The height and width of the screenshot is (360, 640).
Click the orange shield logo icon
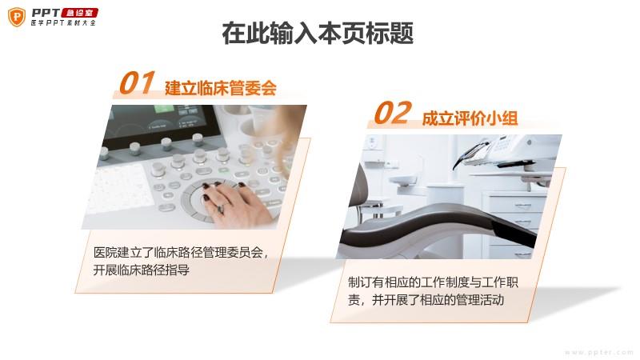click(x=17, y=17)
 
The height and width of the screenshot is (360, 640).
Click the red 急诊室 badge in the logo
click(x=79, y=13)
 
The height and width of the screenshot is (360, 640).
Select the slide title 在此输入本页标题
click(x=318, y=33)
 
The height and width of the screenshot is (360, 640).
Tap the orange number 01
click(x=136, y=82)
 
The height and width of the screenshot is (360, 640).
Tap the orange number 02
click(x=392, y=113)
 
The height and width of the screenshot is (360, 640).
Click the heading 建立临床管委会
click(x=221, y=88)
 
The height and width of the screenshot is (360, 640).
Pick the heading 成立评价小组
click(x=470, y=118)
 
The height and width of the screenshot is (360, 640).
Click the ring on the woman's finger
click(x=221, y=209)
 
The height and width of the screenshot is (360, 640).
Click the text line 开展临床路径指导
click(x=142, y=270)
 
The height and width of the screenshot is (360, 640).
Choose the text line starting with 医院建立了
click(x=181, y=253)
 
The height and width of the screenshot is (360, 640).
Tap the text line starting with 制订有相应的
click(x=433, y=282)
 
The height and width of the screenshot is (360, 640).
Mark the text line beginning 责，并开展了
click(x=426, y=300)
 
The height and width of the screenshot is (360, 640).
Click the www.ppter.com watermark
click(x=598, y=352)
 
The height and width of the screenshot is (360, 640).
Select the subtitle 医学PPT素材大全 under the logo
click(x=63, y=23)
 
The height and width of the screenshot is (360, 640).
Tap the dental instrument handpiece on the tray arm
click(x=470, y=154)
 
